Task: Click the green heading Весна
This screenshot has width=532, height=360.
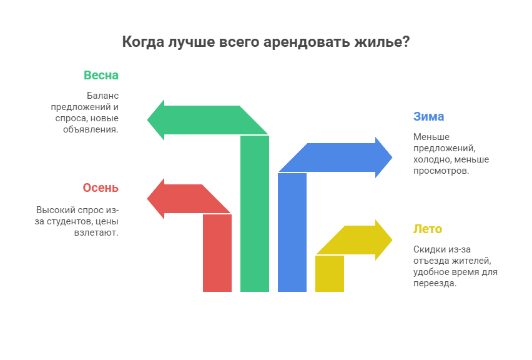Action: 101,75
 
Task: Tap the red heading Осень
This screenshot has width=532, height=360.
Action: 101,187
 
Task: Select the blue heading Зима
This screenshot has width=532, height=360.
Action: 428,116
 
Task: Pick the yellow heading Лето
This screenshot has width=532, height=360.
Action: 428,229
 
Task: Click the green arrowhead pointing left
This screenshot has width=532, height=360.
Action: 156,120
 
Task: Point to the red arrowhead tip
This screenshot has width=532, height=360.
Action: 147,199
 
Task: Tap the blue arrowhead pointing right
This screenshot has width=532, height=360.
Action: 384,157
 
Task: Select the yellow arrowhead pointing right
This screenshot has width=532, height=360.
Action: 384,240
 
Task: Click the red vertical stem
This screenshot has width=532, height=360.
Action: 217,253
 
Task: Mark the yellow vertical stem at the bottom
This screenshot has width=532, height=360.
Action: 330,274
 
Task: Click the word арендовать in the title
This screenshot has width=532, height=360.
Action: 307,42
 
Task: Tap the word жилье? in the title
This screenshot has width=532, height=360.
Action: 382,42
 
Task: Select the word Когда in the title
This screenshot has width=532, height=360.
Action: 143,42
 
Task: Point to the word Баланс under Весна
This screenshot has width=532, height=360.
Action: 102,96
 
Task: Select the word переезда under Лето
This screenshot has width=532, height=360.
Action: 435,283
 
